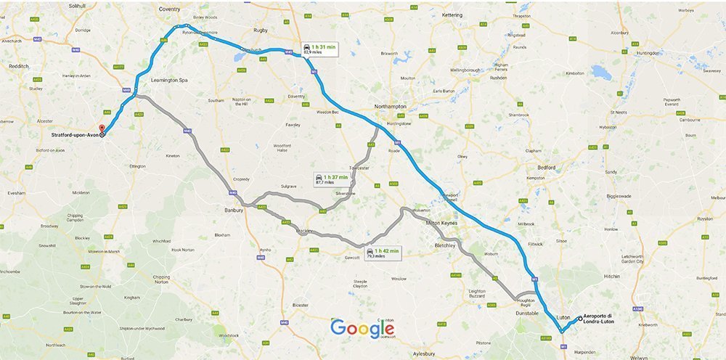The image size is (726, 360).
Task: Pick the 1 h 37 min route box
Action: pos(330,179)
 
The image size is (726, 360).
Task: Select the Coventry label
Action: pos(169,9)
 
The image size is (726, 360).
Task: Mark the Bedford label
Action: pos(546,167)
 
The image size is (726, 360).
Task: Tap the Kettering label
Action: pos(452,15)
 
